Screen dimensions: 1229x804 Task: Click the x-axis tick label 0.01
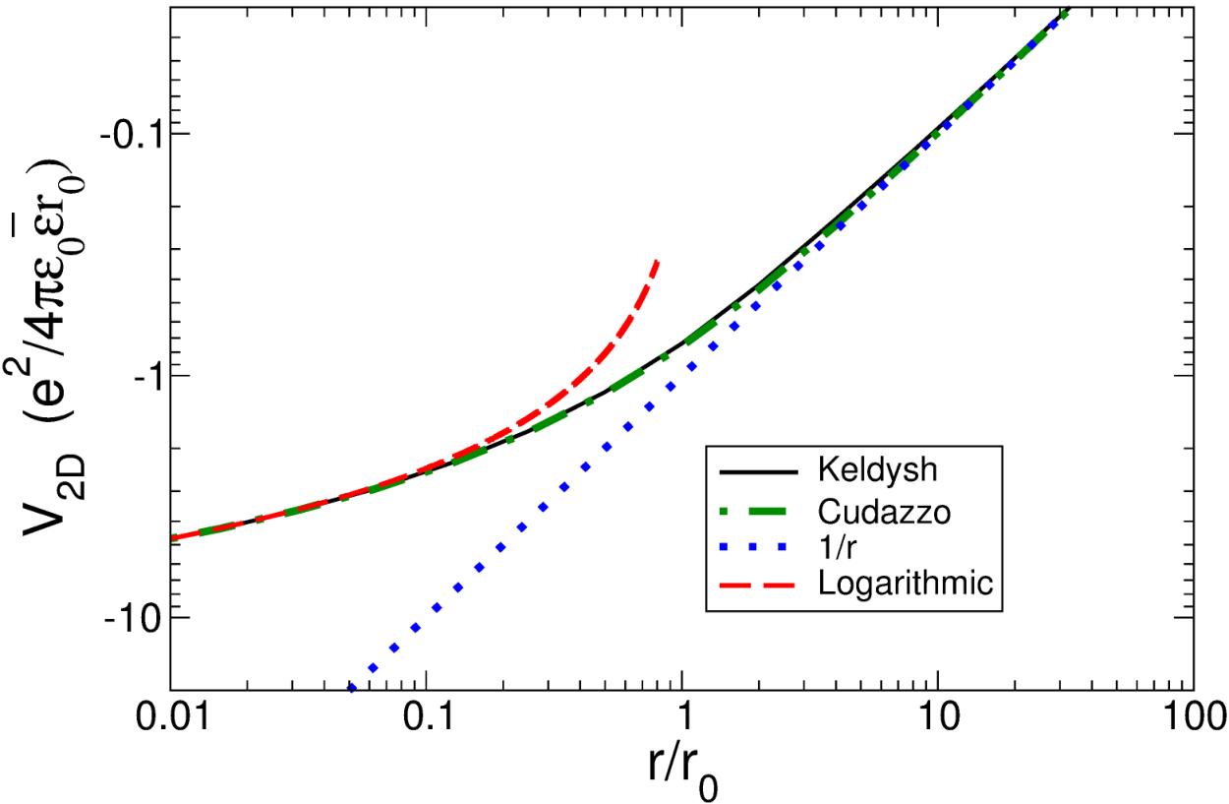173,716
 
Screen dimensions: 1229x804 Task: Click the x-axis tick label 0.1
429,716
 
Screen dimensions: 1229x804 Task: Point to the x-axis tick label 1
682,716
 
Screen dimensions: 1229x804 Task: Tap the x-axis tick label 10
938,716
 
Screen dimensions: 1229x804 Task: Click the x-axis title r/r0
682,772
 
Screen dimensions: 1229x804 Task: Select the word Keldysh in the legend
877,469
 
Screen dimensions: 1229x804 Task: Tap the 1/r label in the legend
837,546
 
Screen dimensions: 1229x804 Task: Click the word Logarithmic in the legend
906,584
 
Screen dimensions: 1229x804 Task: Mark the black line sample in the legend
758,471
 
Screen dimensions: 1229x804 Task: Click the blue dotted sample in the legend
758,546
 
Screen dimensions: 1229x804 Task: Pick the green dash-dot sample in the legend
758,512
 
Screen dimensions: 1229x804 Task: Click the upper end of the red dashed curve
657,261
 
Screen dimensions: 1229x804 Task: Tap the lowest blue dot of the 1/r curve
352,687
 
